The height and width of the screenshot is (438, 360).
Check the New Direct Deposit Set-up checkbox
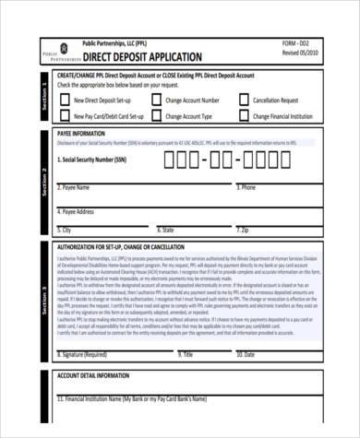tap(65, 100)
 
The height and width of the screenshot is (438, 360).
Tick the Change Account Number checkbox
tap(155, 100)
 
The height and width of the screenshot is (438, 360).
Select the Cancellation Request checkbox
tap(244, 100)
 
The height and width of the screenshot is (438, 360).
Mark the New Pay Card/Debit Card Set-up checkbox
tap(65, 117)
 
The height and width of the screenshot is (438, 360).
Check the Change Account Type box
tap(155, 117)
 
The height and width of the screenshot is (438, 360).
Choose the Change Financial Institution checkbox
tap(244, 117)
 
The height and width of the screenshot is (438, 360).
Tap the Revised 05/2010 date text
tap(302, 53)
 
